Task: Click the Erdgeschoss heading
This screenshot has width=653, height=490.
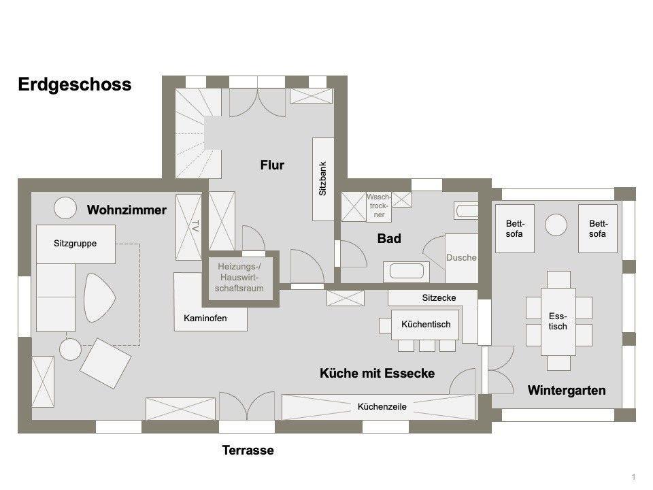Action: (x=75, y=84)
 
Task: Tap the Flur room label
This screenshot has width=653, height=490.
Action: (x=272, y=165)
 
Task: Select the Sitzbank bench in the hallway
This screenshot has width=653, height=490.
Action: (x=323, y=179)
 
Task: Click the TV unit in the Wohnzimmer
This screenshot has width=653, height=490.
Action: (x=188, y=227)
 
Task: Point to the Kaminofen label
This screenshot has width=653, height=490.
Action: (x=205, y=318)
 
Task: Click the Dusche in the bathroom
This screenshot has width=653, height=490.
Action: (x=461, y=258)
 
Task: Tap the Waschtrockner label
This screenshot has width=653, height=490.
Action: (x=379, y=206)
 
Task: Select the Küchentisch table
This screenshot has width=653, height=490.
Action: (x=425, y=325)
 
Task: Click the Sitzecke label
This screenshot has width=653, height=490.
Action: (x=439, y=298)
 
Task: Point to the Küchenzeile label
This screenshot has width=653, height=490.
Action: (x=382, y=407)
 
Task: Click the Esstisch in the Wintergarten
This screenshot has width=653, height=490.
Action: (x=558, y=321)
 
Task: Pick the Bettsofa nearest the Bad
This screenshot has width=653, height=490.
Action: (x=515, y=229)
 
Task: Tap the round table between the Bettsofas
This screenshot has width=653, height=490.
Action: (x=556, y=225)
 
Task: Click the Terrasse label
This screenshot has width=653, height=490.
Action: (x=248, y=451)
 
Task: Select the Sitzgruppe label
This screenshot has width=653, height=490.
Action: (x=75, y=244)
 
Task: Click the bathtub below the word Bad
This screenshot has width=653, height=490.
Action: (x=406, y=272)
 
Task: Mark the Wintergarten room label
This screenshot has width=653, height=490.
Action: (x=567, y=391)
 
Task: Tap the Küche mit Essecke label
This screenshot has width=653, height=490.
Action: (x=377, y=374)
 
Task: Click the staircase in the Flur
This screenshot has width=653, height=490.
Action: (x=198, y=133)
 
